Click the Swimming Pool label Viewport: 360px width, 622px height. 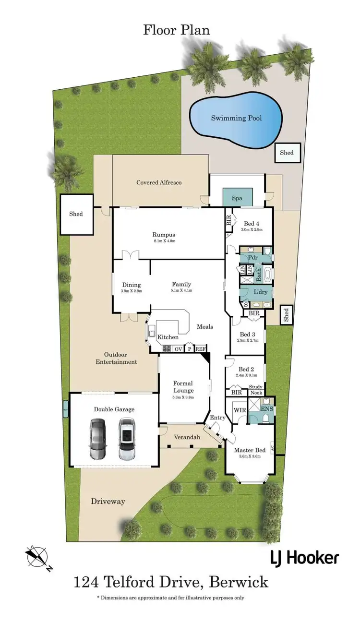[237, 118]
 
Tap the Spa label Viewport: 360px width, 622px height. [237, 198]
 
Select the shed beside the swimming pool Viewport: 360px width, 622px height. [287, 153]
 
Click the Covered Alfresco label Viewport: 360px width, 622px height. [159, 182]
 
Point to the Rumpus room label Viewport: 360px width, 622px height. [162, 235]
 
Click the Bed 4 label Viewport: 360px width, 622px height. [252, 224]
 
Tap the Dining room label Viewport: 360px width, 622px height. [131, 284]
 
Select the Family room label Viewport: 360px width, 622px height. [181, 284]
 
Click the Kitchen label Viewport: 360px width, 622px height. [168, 337]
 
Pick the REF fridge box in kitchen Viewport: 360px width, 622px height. [200, 349]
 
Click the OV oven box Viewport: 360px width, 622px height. [178, 349]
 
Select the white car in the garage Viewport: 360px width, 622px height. [127, 439]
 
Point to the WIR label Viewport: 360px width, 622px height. [239, 411]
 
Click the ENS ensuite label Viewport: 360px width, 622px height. [267, 409]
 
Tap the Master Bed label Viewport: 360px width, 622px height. [250, 450]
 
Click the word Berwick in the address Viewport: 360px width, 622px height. [240, 583]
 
